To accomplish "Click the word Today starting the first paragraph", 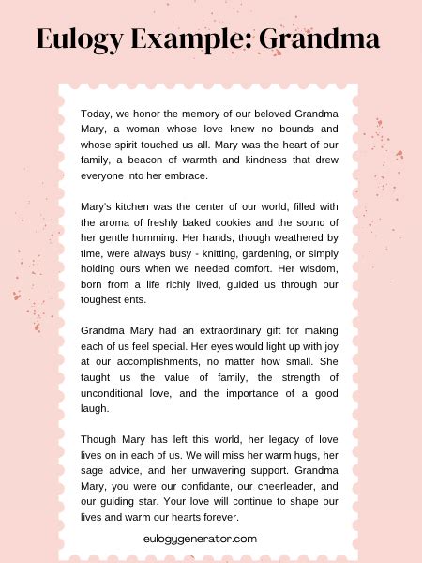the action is coord(97,114).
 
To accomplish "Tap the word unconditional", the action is coord(118,393).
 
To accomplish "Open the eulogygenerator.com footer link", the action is coord(201,539).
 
